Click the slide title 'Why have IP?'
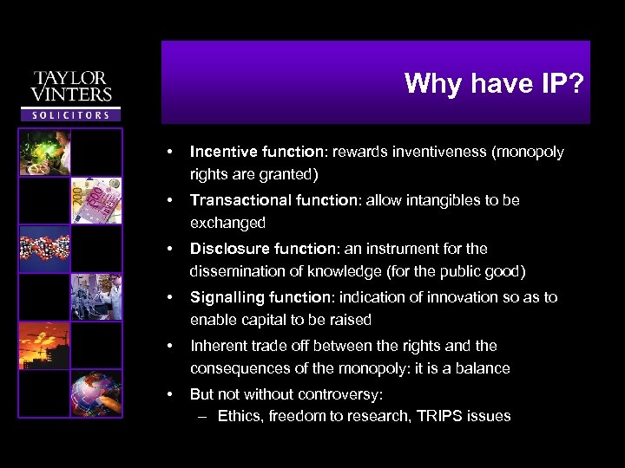pos(494,83)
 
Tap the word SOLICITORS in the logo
pos(71,114)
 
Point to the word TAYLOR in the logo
pos(71,78)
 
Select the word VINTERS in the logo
pos(71,94)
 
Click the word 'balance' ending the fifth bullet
pos(483,368)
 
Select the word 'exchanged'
pos(227,223)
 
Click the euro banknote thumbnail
pos(96,200)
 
